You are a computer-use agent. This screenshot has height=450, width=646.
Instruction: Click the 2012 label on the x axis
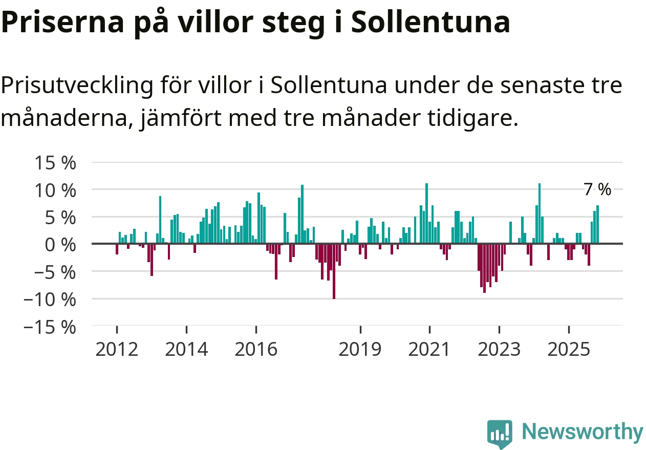117,350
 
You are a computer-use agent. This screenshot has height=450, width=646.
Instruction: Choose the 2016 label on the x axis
256,350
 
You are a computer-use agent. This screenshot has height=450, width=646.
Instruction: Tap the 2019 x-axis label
360,350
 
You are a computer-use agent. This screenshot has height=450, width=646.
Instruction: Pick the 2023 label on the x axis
499,350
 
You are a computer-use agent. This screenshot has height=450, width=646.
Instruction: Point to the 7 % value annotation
597,190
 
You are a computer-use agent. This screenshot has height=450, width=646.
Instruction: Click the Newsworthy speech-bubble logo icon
500,434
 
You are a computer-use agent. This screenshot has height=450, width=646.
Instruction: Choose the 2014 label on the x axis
187,350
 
